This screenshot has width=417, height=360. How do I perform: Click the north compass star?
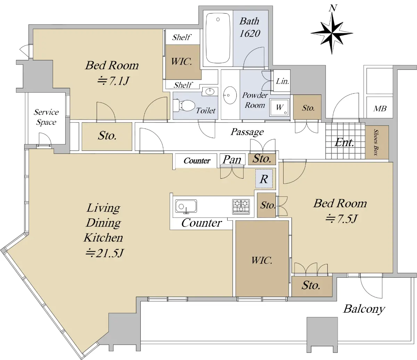pos(332,33)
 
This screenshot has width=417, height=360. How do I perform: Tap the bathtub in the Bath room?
pos(218,38)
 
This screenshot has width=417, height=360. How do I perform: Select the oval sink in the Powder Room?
pos(230,95)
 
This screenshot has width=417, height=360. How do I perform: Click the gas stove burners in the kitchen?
pos(241,207)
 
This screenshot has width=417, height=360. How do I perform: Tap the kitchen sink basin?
pos(186,206)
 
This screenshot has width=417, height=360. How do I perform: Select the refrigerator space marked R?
pos(264,179)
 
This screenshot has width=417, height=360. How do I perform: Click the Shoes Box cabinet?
pos(377,142)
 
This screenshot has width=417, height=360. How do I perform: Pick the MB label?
pos(380,108)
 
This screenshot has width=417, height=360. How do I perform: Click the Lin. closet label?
pos(283,81)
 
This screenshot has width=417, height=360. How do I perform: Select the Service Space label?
pos(46,117)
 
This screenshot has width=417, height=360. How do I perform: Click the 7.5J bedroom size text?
pos(342,219)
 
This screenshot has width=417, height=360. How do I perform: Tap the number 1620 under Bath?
pos(250,33)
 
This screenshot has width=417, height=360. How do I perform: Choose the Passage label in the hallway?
pos(247,132)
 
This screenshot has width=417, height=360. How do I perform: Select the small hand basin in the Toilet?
pos(210,92)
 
